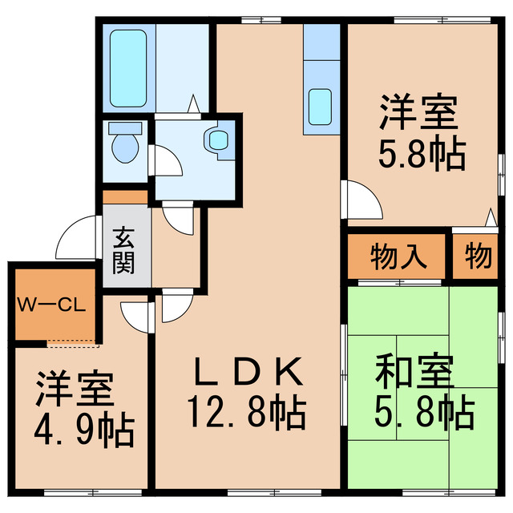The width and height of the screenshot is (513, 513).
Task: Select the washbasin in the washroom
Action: [217, 139]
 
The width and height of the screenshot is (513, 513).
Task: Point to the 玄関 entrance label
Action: [123, 250]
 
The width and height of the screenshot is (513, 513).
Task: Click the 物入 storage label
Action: [396, 258]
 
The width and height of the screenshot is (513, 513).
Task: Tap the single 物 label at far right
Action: [478, 257]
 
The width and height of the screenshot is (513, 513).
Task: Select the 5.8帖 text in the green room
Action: [424, 413]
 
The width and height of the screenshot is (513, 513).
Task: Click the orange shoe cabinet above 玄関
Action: [125, 196]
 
